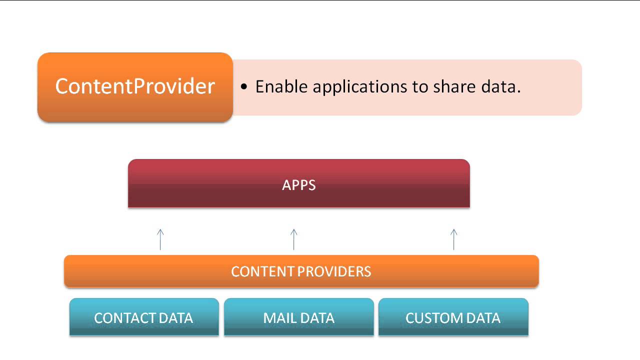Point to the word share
pos(452,87)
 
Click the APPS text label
pos(299,185)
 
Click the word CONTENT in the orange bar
pos(262,272)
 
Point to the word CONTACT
pos(125,318)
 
